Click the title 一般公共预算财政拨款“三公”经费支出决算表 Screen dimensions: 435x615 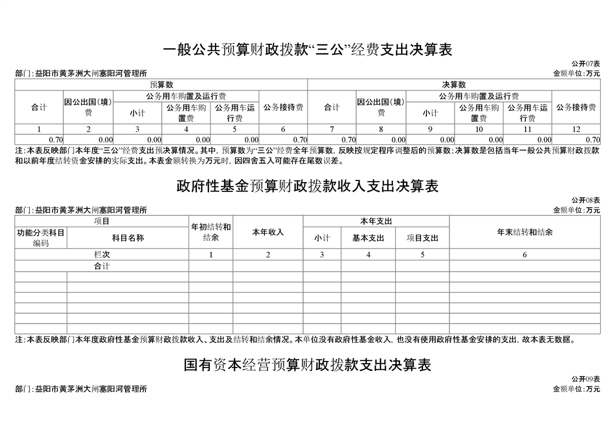[x=307, y=50]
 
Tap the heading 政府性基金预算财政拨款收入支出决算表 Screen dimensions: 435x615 [x=307, y=187]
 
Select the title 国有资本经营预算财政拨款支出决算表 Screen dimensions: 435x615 [x=307, y=365]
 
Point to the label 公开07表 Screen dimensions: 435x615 [x=585, y=64]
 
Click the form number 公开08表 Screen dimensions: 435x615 [x=585, y=200]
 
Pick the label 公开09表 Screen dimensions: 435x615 [x=585, y=379]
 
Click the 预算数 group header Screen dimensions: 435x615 [x=161, y=84]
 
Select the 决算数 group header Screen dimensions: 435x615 [x=454, y=84]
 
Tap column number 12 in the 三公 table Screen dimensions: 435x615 [x=576, y=129]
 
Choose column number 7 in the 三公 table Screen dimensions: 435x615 [x=332, y=129]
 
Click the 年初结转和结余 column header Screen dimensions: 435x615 [x=210, y=232]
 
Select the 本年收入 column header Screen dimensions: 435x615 [x=267, y=232]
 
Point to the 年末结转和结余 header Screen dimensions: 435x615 [x=525, y=232]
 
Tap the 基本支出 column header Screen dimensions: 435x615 [x=368, y=238]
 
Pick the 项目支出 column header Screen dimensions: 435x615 [x=422, y=238]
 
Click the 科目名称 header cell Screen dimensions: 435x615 [x=128, y=238]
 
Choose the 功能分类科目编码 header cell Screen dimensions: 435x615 [x=41, y=238]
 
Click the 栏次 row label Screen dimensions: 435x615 [x=102, y=255]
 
